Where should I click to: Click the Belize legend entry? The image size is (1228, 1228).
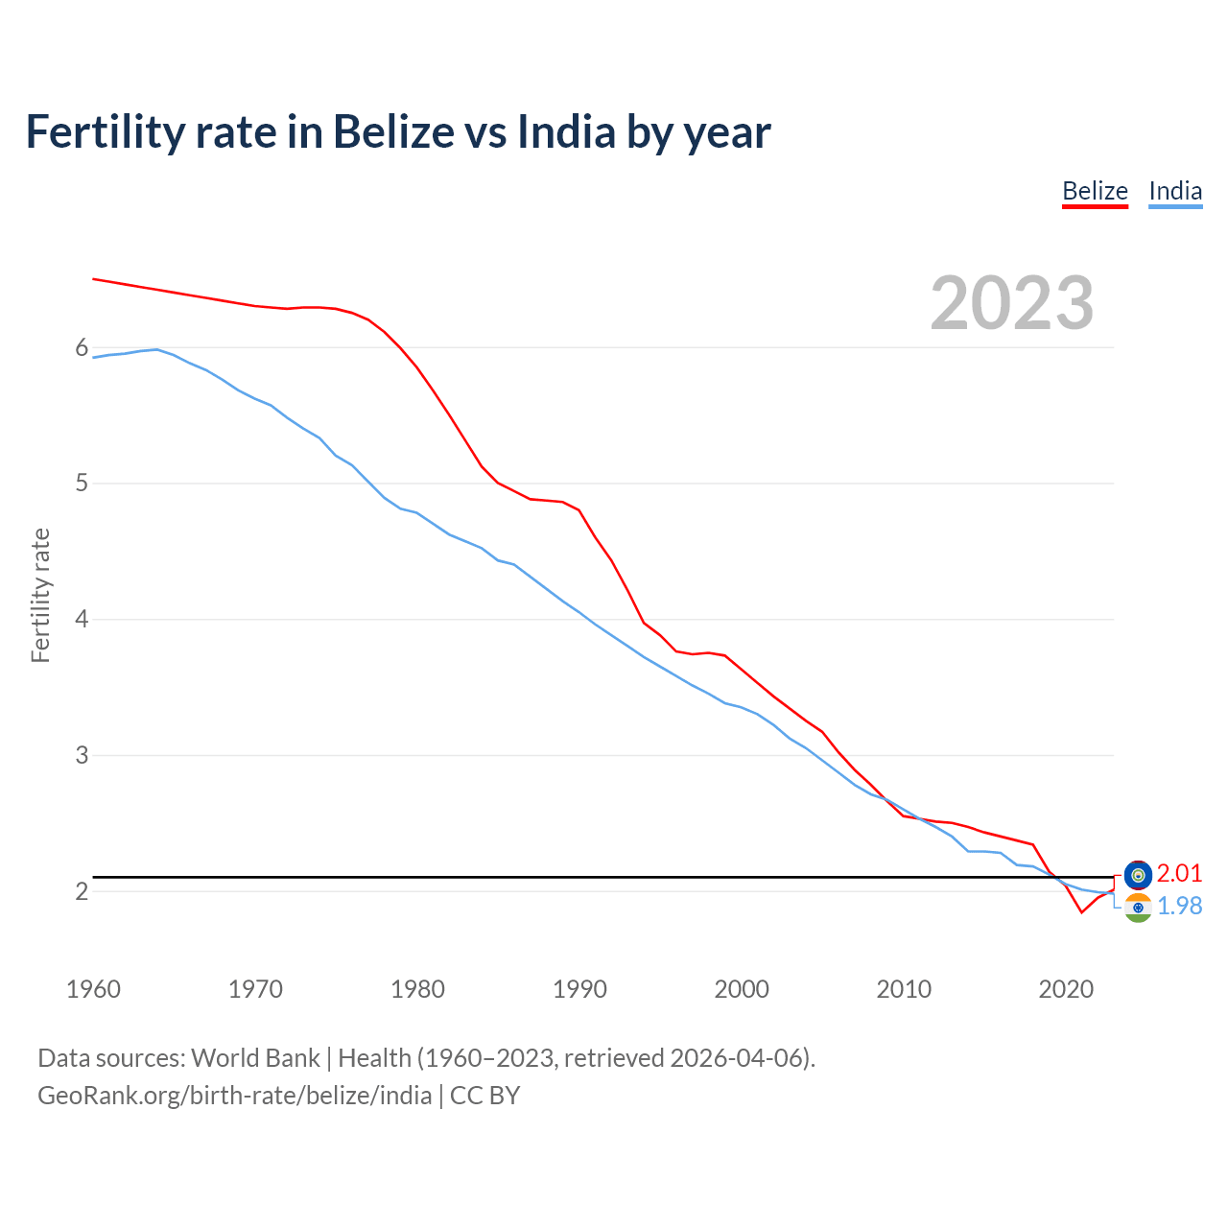[x=1095, y=191]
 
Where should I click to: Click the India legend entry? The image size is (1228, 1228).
[x=1175, y=191]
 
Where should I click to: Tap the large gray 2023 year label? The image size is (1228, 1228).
[x=1011, y=303]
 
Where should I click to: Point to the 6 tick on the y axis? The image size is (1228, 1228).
[x=82, y=347]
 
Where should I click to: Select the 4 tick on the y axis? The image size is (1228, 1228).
[x=82, y=619]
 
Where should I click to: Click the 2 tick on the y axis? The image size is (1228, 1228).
[x=82, y=891]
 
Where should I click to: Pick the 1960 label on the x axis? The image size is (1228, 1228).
[x=93, y=989]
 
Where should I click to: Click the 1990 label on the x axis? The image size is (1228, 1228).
[x=579, y=989]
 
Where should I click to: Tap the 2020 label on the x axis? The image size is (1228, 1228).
[x=1066, y=989]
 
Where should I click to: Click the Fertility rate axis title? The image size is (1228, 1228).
[x=40, y=595]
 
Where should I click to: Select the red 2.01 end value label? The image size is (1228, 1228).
[x=1179, y=873]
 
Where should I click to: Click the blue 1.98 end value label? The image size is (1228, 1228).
[x=1179, y=906]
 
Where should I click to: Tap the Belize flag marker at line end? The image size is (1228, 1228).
[x=1138, y=874]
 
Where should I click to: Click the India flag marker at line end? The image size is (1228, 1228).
[x=1138, y=908]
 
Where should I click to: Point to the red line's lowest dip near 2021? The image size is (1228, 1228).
[x=1081, y=911]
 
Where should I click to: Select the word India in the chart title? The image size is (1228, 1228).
[x=566, y=131]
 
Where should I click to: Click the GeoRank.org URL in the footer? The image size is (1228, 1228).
[x=234, y=1096]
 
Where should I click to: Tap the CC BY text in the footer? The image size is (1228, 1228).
[x=484, y=1096]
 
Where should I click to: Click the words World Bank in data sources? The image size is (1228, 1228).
[x=255, y=1058]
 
